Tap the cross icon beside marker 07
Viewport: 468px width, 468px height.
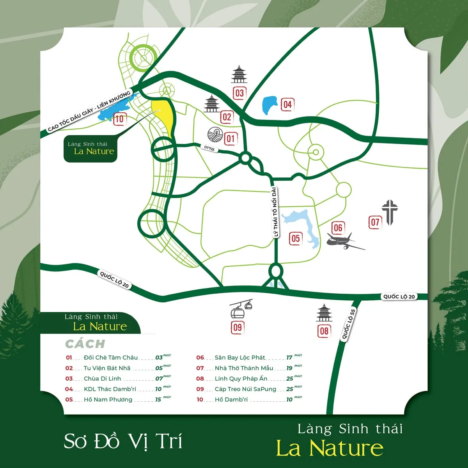click(389, 212)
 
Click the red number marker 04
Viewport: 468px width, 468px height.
click(287, 105)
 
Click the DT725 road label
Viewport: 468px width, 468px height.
click(209, 148)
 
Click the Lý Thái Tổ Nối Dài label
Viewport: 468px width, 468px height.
click(275, 212)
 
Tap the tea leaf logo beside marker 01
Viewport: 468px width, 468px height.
click(214, 134)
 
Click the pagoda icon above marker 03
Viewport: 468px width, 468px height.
click(239, 75)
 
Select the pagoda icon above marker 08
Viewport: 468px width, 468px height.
click(324, 314)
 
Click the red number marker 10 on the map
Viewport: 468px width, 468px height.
click(119, 119)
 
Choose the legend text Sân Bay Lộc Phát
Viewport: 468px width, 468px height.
click(239, 357)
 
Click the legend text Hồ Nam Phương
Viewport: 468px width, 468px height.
click(108, 399)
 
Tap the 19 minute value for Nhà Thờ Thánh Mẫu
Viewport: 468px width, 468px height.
click(289, 368)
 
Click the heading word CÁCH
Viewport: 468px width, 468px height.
click(85, 344)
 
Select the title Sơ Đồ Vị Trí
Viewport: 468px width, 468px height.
click(123, 441)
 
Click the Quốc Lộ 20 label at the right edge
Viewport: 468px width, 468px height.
click(399, 296)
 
